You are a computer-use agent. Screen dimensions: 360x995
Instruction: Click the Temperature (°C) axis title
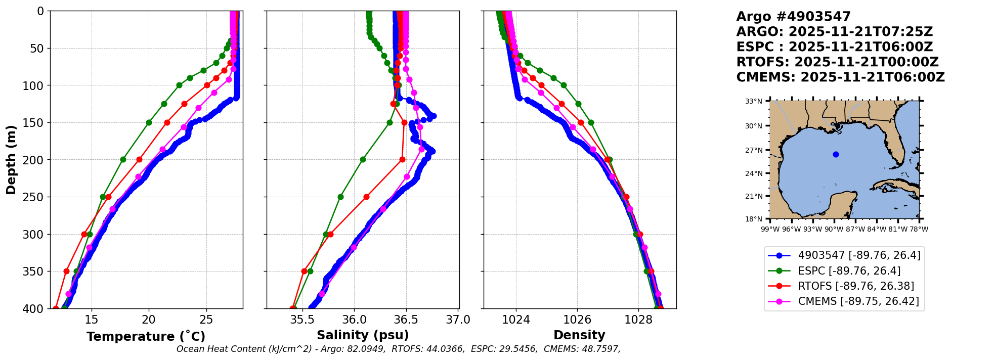point(146,337)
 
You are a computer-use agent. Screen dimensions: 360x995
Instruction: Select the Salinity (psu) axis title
point(363,335)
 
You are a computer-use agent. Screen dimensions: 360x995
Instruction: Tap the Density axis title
point(579,335)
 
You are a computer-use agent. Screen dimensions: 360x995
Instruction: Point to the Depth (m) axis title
point(11,160)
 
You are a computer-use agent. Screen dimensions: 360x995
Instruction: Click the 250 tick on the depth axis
point(37,197)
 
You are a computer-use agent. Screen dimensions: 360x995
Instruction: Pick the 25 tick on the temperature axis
point(206,320)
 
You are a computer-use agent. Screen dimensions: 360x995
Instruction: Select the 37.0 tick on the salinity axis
point(458,320)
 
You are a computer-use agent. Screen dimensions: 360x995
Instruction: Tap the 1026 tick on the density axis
point(577,320)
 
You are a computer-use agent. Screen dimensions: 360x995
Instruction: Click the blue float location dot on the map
point(836,155)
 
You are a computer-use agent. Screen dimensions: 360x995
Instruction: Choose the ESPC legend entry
point(849,271)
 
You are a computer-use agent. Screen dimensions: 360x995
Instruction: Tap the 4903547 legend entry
point(859,255)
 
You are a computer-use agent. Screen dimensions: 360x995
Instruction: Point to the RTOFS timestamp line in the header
point(837,62)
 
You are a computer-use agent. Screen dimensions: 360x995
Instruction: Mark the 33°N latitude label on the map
point(753,102)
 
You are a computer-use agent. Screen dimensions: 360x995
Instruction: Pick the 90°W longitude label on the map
point(834,229)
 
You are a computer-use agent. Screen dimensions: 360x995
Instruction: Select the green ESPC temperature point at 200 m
point(123,160)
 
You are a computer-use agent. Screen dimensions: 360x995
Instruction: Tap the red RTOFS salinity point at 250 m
point(366,197)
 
